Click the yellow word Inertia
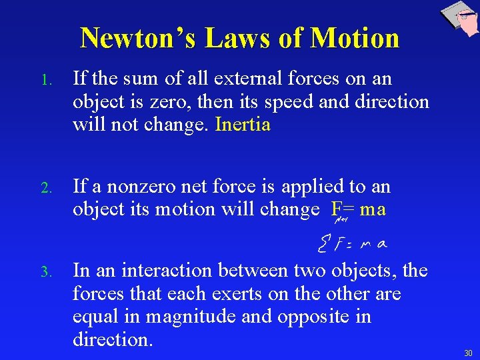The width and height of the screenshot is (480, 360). coord(243,125)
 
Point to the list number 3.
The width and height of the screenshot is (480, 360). coord(45,272)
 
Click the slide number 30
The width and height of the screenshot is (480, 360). coord(467,353)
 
